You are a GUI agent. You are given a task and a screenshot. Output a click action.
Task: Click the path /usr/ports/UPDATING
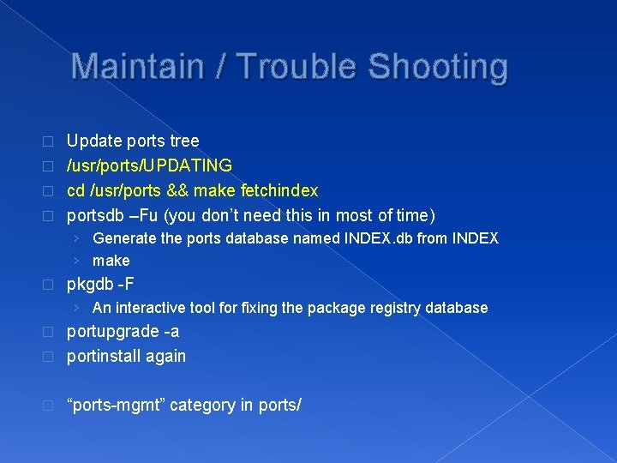click(x=149, y=165)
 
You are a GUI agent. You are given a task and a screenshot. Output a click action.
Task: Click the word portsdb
click(x=95, y=214)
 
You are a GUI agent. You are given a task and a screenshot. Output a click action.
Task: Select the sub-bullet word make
click(x=111, y=261)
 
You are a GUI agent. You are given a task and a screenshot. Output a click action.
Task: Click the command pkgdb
click(x=90, y=284)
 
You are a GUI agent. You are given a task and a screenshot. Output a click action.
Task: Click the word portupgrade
click(x=112, y=331)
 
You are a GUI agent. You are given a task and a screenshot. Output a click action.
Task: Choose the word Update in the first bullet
click(x=93, y=141)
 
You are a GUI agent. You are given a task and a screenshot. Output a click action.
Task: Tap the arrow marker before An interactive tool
click(x=78, y=307)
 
